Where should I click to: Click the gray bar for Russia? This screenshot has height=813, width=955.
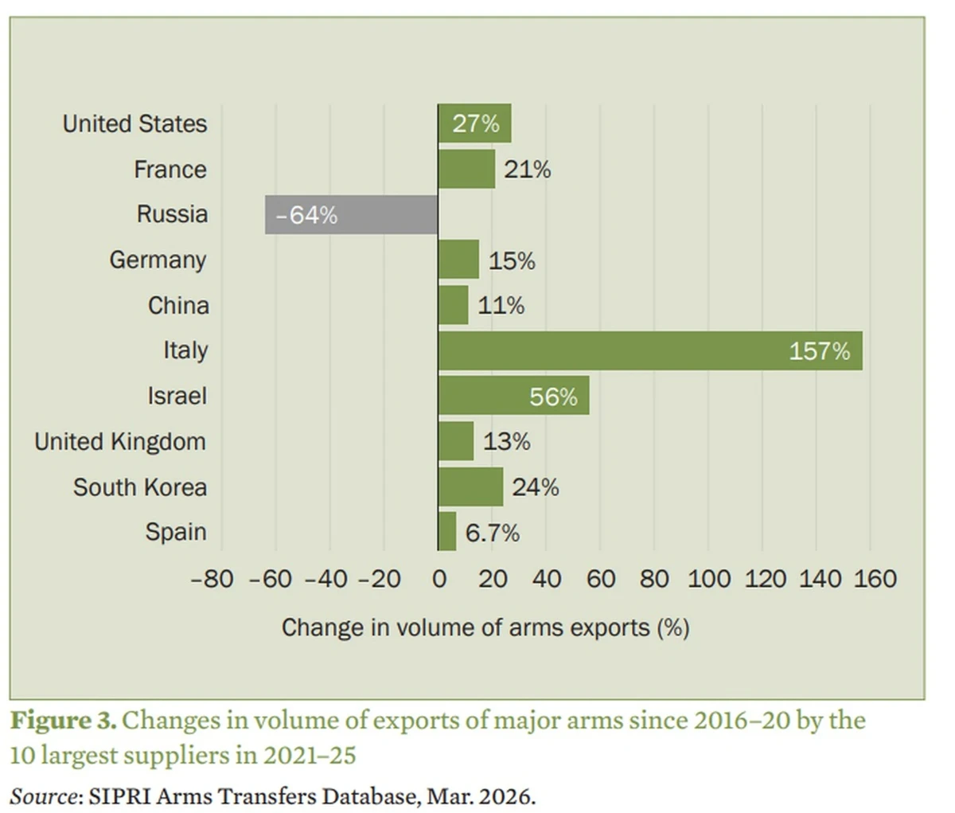(x=351, y=215)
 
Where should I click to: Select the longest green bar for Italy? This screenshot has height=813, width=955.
(x=650, y=351)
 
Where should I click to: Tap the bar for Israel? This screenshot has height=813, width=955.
(x=513, y=396)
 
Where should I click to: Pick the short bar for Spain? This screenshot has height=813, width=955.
(x=447, y=532)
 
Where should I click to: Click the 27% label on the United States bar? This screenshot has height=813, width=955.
(x=476, y=124)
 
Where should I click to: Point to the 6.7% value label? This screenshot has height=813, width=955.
(x=492, y=533)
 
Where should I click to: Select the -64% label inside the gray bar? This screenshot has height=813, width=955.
(x=306, y=215)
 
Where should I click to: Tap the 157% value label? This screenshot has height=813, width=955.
(x=819, y=351)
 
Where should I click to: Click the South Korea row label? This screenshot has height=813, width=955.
(x=140, y=487)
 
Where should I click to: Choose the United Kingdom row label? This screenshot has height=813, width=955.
(x=120, y=442)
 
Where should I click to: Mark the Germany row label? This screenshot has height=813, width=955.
(x=158, y=260)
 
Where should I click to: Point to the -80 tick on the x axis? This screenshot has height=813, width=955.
(x=212, y=579)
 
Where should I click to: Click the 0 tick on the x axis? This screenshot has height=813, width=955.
(x=439, y=579)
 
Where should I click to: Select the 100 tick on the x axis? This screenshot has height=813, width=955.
(x=708, y=579)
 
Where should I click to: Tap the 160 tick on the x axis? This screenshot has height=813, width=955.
(x=875, y=579)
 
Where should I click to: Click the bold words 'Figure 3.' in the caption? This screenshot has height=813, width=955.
(x=63, y=721)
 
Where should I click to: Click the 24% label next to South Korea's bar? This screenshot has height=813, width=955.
(x=535, y=487)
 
